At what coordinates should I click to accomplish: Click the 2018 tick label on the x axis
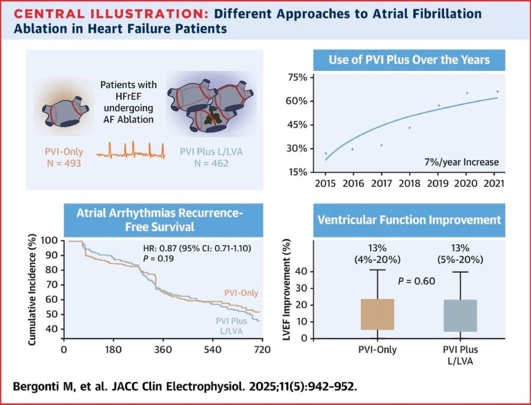tap(409, 184)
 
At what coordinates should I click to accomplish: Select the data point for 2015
tap(326, 153)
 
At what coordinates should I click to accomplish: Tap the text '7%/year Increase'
tap(462, 162)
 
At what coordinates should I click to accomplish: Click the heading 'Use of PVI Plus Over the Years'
tap(409, 60)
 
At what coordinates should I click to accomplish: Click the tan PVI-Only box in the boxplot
tap(378, 314)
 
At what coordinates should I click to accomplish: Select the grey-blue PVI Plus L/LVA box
tap(460, 316)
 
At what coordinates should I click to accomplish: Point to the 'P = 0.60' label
tap(416, 281)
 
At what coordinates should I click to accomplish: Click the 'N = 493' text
tap(64, 164)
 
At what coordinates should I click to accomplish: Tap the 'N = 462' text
tap(211, 164)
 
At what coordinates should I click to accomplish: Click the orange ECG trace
tap(131, 151)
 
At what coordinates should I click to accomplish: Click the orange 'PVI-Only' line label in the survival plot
tap(241, 293)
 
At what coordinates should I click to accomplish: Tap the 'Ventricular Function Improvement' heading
tap(409, 220)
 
